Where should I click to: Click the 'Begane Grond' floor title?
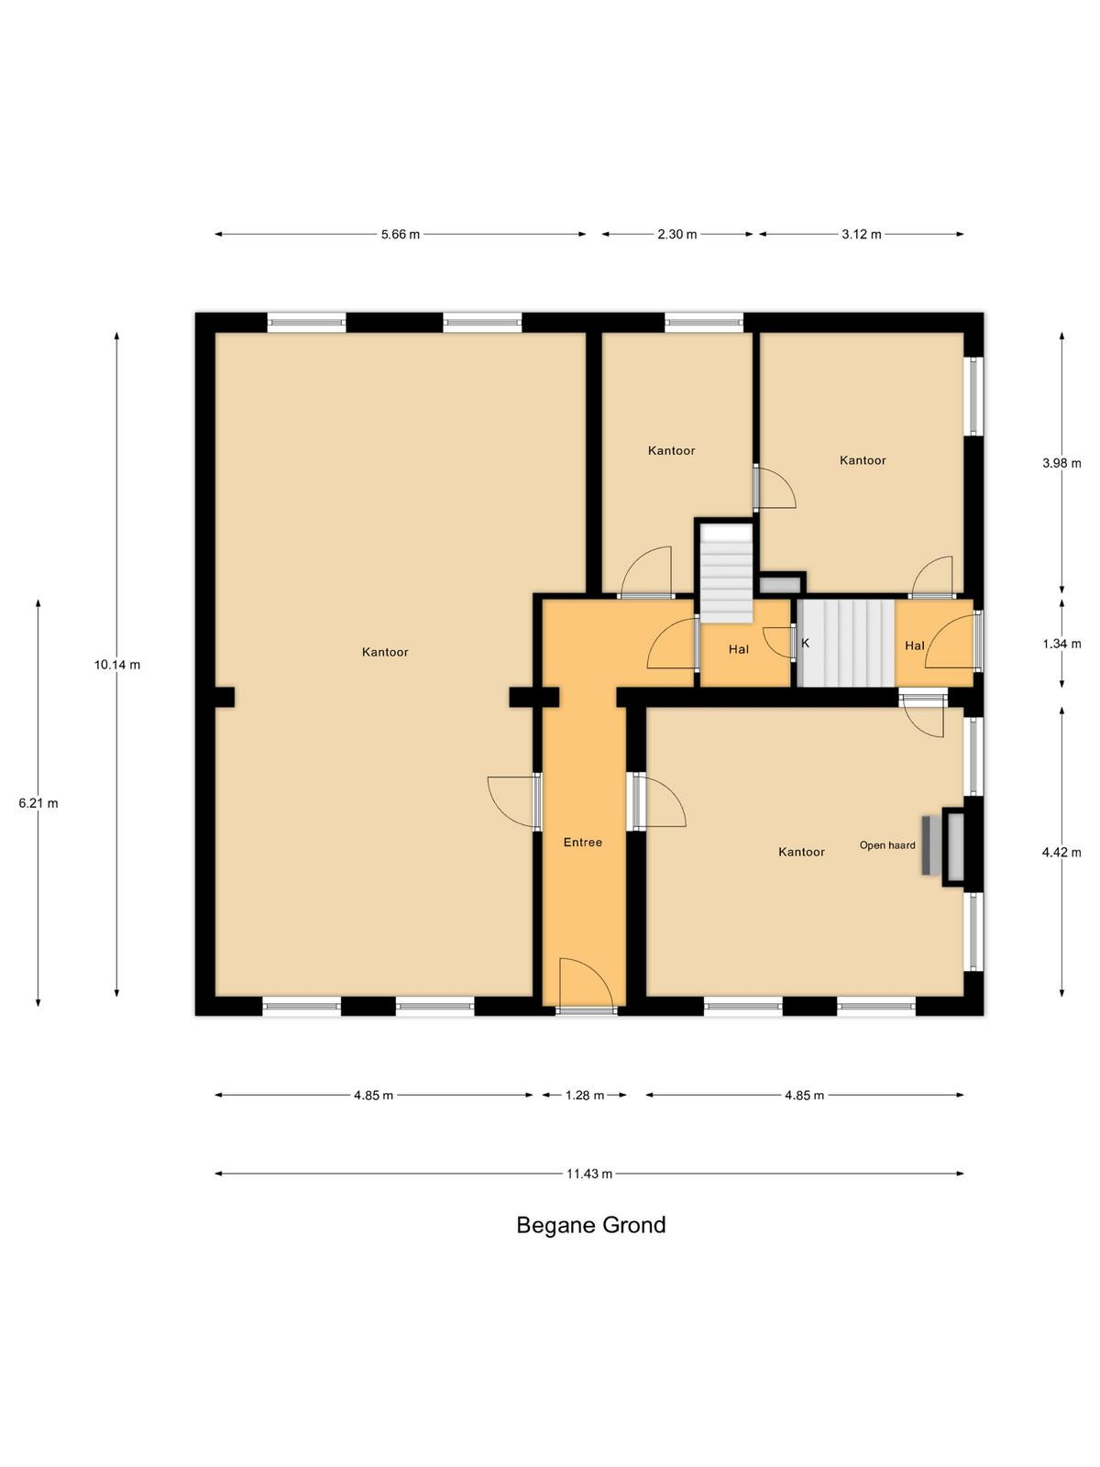click(591, 1225)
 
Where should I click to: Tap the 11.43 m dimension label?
click(589, 1174)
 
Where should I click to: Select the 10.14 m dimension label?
click(117, 665)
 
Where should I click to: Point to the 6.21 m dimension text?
click(38, 803)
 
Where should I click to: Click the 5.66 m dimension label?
click(401, 235)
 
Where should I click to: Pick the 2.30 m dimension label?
click(677, 235)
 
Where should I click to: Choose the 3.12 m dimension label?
click(862, 235)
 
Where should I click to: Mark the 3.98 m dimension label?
click(1061, 463)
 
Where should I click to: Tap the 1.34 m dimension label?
click(1061, 645)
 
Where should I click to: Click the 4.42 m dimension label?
click(1061, 852)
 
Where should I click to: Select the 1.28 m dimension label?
click(585, 1096)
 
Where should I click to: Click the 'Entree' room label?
click(583, 842)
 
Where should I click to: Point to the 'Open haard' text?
click(887, 845)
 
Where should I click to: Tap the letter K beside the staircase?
click(806, 643)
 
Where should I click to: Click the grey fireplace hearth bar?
click(927, 845)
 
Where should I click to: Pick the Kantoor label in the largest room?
click(385, 652)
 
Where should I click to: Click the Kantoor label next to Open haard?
click(801, 852)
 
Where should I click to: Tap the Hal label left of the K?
click(739, 650)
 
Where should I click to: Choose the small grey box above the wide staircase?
click(780, 586)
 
